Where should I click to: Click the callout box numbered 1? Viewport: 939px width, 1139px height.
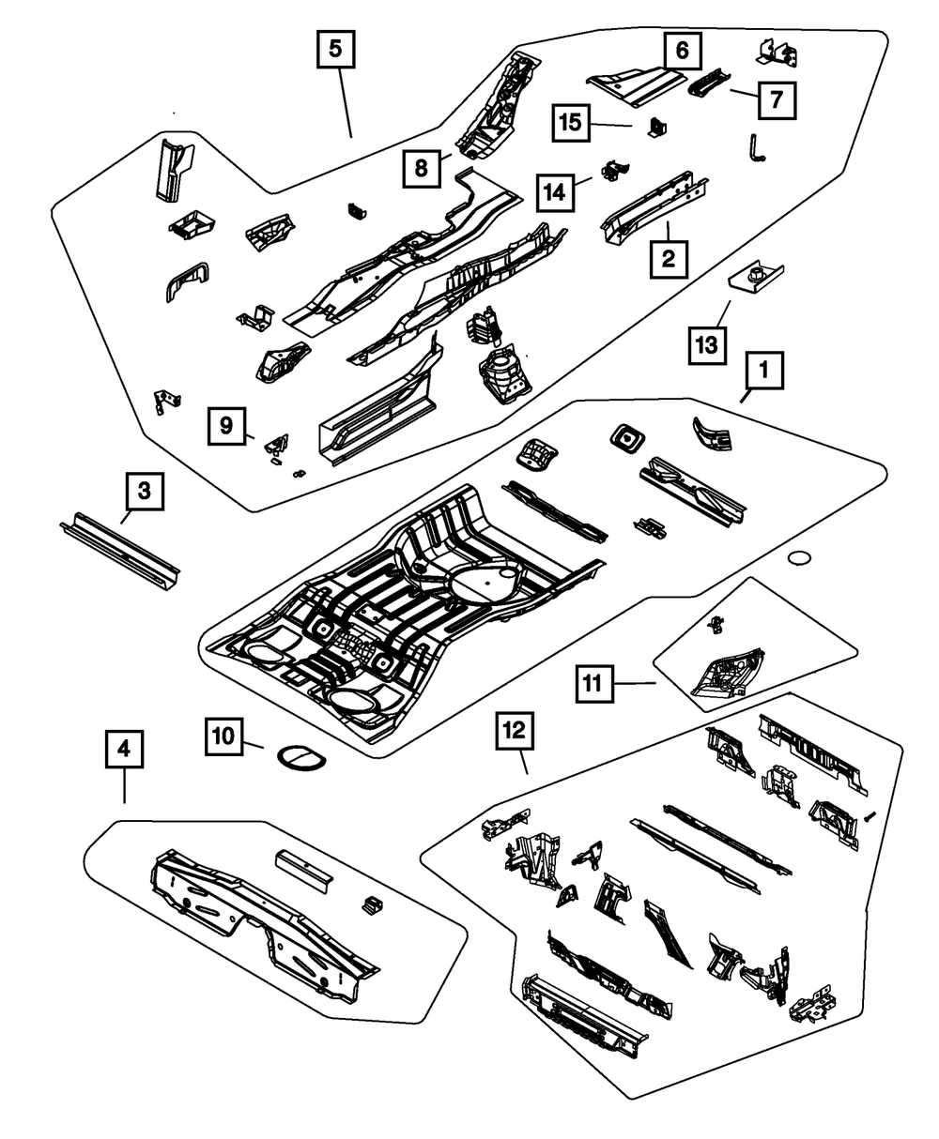(x=764, y=372)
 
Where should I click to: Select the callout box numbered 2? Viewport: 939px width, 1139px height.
(x=668, y=257)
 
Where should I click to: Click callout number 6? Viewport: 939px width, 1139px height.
(x=682, y=50)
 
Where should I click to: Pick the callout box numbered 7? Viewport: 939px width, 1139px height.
(x=776, y=99)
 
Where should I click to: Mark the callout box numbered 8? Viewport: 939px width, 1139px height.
(x=422, y=169)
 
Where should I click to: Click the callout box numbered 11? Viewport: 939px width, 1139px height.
(x=593, y=684)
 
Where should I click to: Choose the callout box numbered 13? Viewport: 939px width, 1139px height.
(x=707, y=345)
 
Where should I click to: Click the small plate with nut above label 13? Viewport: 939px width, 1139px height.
(x=757, y=279)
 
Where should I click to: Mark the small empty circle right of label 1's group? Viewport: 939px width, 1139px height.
(x=798, y=559)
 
